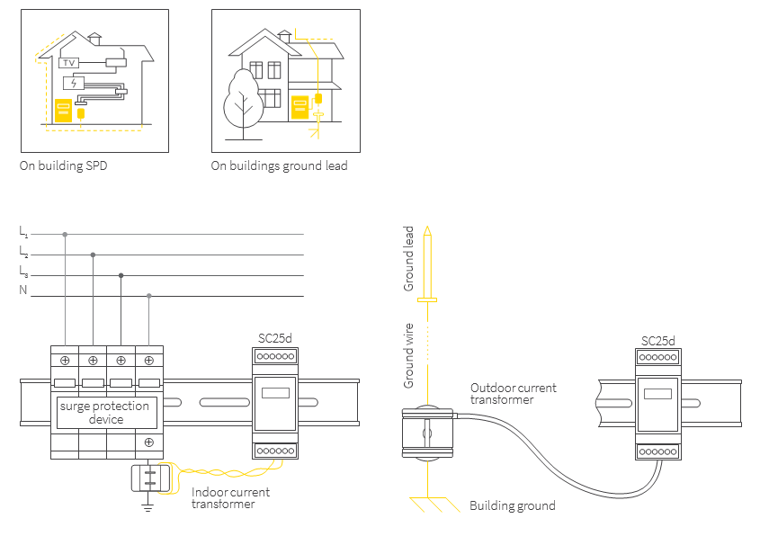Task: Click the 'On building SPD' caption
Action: (x=63, y=166)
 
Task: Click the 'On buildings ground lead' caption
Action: (x=279, y=166)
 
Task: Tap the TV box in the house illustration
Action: (x=68, y=63)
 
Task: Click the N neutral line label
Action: (x=23, y=290)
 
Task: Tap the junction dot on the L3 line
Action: (x=121, y=276)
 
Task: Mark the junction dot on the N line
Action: (x=149, y=296)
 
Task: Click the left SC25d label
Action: (x=275, y=338)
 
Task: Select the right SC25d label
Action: (x=657, y=341)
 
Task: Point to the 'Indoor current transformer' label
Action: (x=230, y=498)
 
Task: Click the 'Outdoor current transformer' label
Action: (x=513, y=394)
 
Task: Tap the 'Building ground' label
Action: (x=512, y=506)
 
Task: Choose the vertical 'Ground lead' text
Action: (x=409, y=258)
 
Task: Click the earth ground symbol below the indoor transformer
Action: (x=148, y=508)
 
